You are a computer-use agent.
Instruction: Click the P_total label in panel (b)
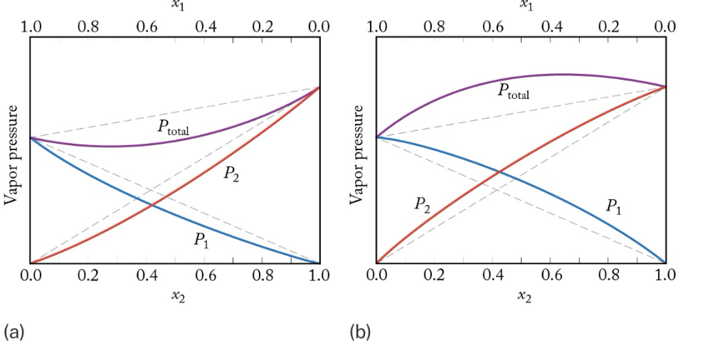514,91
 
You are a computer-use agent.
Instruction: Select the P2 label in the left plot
231,174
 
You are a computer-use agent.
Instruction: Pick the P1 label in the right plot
613,207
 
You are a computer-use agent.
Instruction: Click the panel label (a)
14,332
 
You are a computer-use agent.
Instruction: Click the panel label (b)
360,332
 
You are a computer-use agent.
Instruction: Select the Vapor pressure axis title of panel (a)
11,155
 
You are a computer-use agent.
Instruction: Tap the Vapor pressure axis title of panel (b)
358,155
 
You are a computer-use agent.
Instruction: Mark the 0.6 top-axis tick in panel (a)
147,27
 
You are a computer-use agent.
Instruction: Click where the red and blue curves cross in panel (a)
152,205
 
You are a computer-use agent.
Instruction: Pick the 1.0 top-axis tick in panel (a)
31,27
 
